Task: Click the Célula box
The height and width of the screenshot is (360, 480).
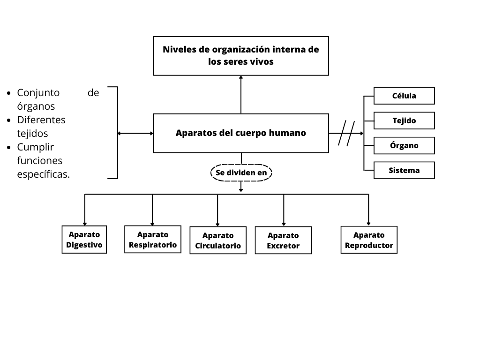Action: click(404, 96)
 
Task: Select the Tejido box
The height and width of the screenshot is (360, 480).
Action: click(404, 120)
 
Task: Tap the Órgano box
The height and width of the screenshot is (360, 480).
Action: click(404, 145)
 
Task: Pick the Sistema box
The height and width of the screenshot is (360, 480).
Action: click(404, 170)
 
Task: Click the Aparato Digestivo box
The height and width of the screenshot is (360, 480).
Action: click(84, 240)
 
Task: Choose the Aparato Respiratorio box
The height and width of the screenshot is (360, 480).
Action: click(153, 240)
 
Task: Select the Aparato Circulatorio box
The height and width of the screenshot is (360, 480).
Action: click(218, 240)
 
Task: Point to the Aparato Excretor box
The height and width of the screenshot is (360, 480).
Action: click(283, 240)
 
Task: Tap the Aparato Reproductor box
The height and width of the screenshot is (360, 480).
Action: click(369, 240)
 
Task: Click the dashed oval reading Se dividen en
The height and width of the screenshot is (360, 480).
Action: click(241, 173)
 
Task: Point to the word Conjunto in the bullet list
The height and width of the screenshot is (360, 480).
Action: click(38, 93)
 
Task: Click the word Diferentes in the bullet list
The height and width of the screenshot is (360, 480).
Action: click(41, 120)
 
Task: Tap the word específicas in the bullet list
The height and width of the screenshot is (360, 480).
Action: click(43, 174)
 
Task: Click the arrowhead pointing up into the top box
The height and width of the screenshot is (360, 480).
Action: click(241, 78)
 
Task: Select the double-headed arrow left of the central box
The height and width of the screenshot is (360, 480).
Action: click(135, 133)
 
